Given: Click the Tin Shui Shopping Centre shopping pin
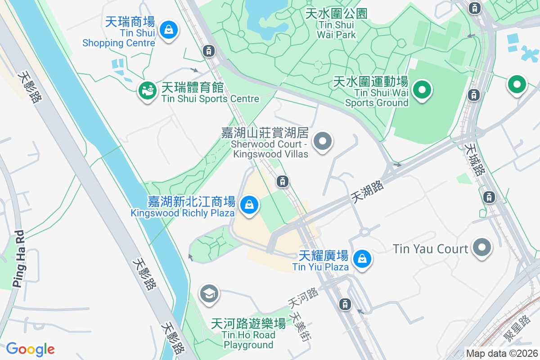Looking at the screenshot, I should click(168, 30).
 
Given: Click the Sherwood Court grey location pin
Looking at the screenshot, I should click(322, 141).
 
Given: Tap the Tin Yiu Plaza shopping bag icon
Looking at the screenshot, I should click(362, 259).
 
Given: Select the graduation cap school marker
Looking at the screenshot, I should click(209, 293).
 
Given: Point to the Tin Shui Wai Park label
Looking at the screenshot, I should click(336, 24).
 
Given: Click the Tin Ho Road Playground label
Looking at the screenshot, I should click(248, 334).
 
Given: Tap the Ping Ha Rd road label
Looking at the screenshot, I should click(18, 259).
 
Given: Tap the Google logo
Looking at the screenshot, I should click(30, 349).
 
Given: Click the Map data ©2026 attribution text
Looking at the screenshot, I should click(502, 353).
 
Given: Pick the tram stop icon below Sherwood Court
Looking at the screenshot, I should click(282, 181).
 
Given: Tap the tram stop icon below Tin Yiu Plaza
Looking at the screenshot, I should click(345, 304).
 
